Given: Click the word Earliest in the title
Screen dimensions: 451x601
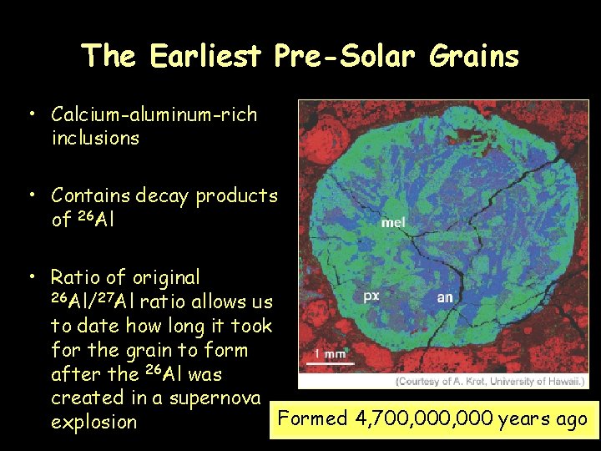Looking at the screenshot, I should tap(208, 56).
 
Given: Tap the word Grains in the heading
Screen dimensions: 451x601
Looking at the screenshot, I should tap(473, 56).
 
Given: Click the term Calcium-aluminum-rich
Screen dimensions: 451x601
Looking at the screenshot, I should tap(154, 114).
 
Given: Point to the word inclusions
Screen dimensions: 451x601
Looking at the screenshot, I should tap(95, 138).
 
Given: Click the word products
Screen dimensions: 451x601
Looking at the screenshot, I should tap(236, 195).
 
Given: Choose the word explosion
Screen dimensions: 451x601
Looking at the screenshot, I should tap(93, 422).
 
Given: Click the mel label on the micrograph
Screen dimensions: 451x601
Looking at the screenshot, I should tap(393, 223).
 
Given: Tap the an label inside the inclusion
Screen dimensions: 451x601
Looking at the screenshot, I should tap(446, 296).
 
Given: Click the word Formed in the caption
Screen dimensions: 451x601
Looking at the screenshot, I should tap(311, 418).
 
